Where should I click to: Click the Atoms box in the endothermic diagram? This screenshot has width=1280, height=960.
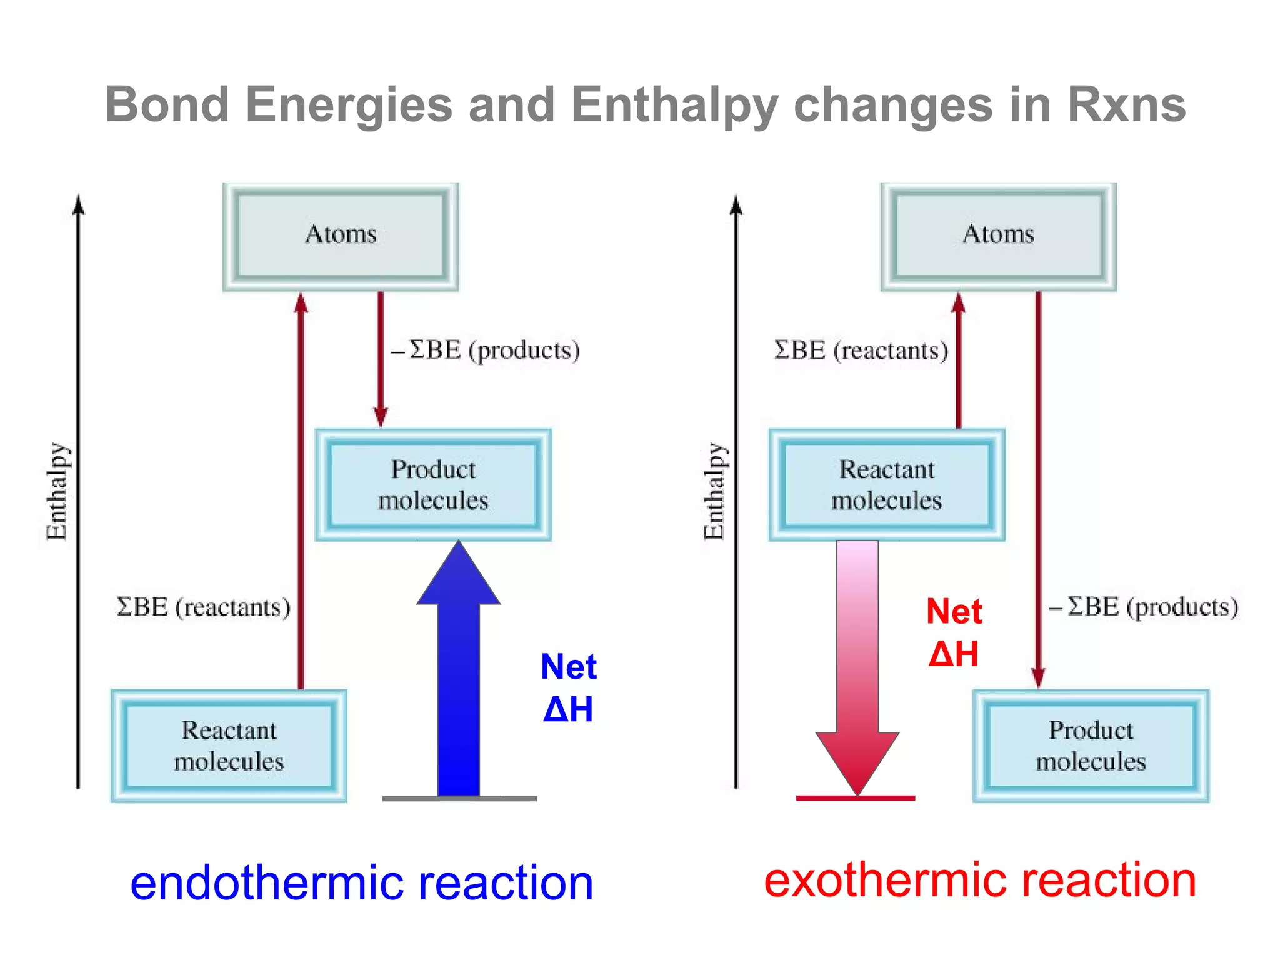[341, 236]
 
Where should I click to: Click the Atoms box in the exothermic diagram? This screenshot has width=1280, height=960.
[998, 236]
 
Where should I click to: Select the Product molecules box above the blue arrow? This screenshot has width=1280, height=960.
[433, 484]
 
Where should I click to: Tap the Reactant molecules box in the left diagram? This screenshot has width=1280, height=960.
[229, 745]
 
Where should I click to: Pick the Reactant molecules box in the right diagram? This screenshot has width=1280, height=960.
[887, 484]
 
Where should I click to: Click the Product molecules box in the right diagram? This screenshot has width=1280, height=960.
[1091, 745]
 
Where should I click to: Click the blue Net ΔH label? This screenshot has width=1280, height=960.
[568, 687]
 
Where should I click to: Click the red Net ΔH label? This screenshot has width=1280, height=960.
[954, 632]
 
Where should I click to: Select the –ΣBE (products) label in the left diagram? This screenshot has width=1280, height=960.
[486, 351]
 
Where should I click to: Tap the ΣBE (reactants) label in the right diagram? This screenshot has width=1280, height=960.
[861, 351]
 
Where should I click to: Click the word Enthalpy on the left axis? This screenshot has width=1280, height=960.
[57, 491]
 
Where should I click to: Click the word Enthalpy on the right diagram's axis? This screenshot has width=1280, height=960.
[714, 491]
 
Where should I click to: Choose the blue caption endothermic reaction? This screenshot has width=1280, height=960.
[361, 882]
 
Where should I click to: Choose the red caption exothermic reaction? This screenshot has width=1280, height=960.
[980, 880]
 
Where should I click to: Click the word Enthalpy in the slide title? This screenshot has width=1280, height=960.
[674, 105]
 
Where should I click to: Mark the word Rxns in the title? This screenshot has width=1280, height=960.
[1126, 105]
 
